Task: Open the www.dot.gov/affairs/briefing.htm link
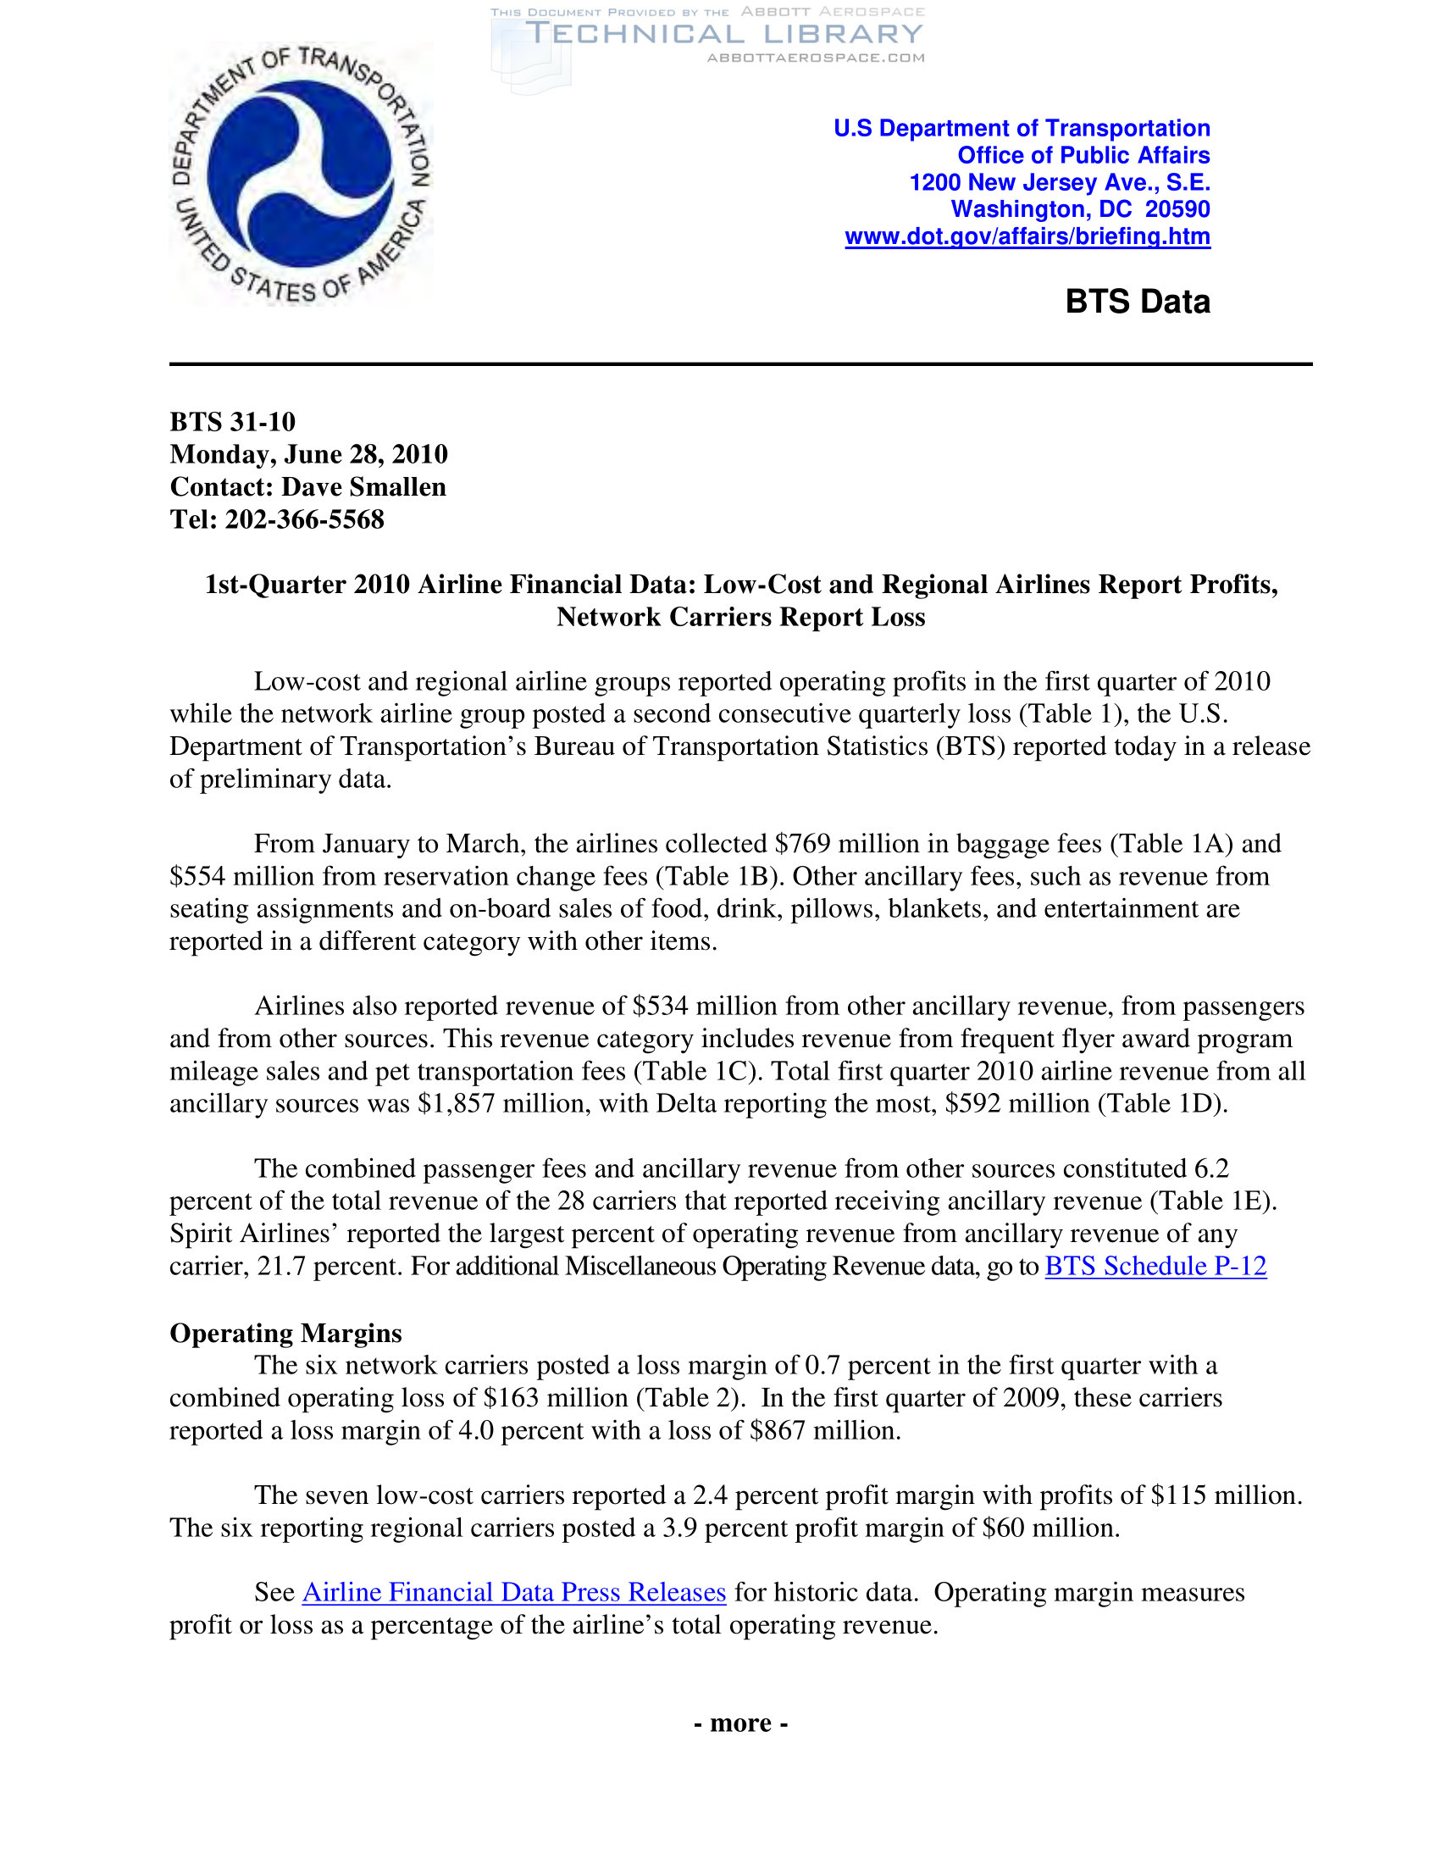click(x=1027, y=236)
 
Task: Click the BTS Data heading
click(x=1137, y=302)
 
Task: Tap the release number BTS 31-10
click(x=233, y=422)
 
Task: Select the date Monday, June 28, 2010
click(x=309, y=454)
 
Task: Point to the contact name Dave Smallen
click(x=363, y=486)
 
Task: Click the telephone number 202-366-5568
click(x=305, y=519)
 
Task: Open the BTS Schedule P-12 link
click(x=1155, y=1266)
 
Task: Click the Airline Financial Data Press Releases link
click(x=513, y=1592)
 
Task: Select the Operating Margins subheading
click(x=285, y=1332)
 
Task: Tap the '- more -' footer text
click(x=740, y=1723)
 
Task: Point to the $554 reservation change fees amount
click(x=197, y=877)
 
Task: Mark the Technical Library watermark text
click(x=724, y=34)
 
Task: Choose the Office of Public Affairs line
click(x=1083, y=155)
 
